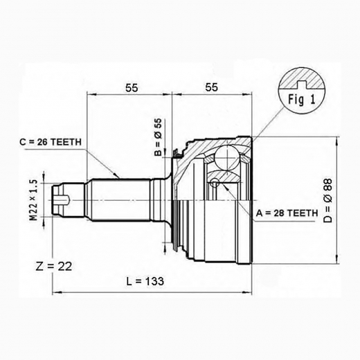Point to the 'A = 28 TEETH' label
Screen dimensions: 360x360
(286, 212)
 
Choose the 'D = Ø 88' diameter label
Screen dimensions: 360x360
(347, 200)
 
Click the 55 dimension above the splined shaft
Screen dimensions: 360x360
(132, 89)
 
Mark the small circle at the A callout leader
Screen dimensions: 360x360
(216, 183)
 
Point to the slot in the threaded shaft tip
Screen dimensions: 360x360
(62, 201)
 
